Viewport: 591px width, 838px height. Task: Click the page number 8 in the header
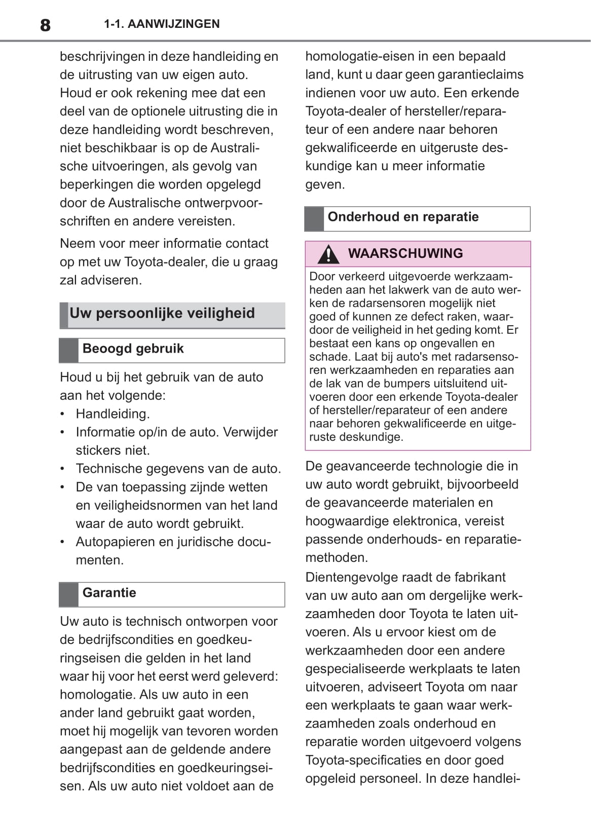click(45, 25)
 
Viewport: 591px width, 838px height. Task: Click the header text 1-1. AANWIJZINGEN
click(162, 24)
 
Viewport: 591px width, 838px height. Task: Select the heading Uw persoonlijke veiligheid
click(162, 313)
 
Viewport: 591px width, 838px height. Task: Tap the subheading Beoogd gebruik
click(133, 349)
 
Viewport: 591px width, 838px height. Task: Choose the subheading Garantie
click(109, 593)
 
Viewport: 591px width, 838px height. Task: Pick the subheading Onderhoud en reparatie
click(403, 217)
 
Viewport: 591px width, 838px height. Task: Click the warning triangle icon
click(328, 254)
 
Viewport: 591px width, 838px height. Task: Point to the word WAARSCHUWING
click(405, 253)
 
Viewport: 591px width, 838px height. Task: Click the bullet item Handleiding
click(113, 414)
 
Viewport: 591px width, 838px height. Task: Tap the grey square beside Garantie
click(68, 594)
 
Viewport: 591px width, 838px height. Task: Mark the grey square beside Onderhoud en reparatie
click(314, 219)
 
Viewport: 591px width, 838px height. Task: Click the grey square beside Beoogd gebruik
click(68, 351)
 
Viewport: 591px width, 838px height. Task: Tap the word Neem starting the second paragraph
click(77, 243)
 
